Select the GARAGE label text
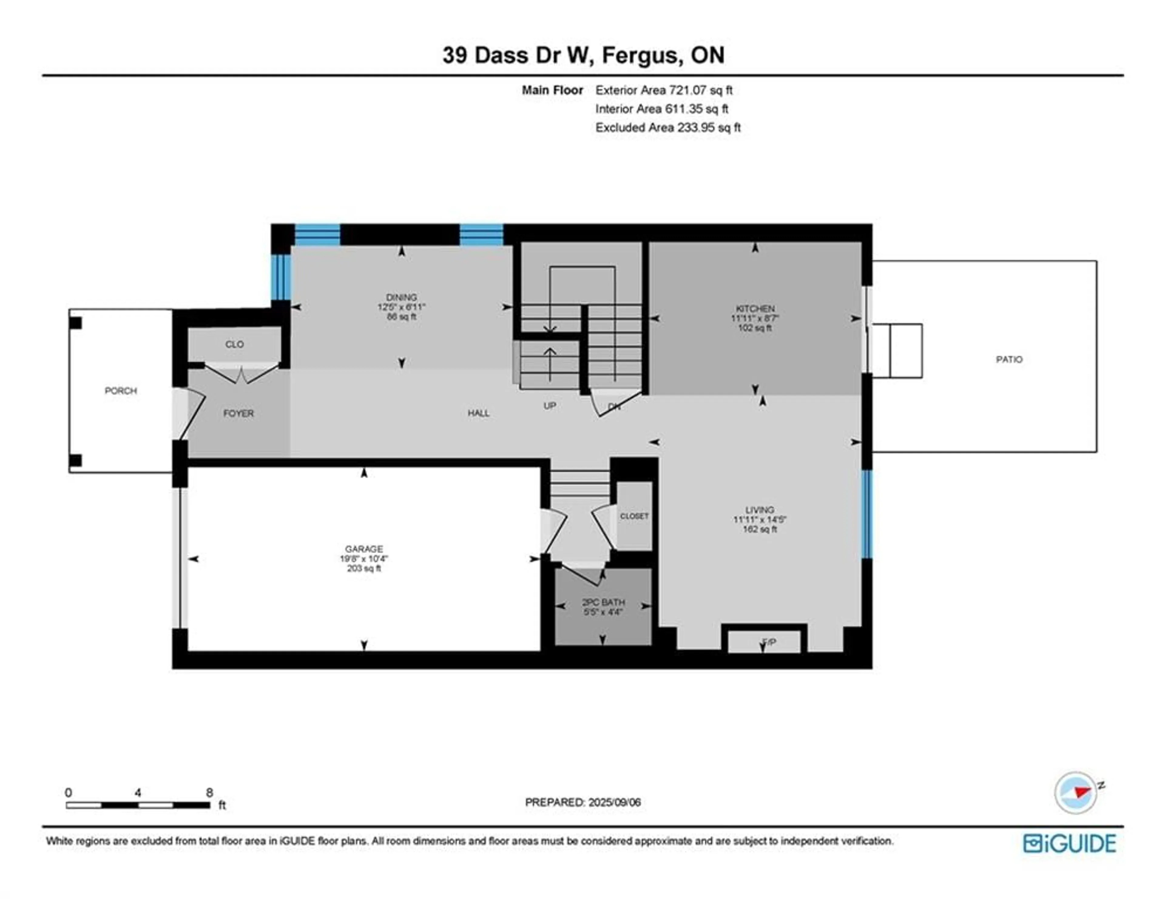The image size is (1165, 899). coord(364,549)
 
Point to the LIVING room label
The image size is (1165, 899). coord(760,510)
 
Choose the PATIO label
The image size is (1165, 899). coord(1009,359)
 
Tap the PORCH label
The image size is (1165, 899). coord(120,391)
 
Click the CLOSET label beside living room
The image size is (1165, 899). coord(634,516)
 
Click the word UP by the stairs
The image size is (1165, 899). coord(549,406)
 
